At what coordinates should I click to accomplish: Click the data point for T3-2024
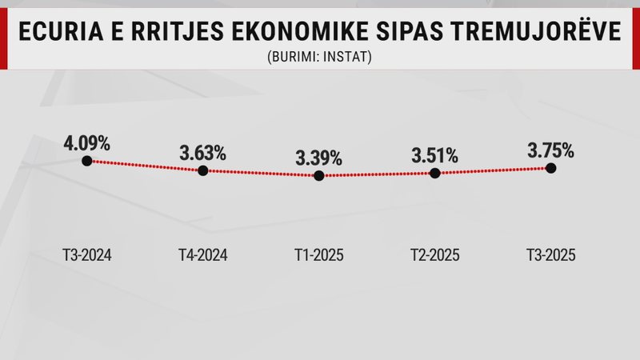click(86, 160)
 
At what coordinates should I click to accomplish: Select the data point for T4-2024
click(202, 170)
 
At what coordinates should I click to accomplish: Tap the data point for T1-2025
click(318, 176)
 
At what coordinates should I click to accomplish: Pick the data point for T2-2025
click(434, 173)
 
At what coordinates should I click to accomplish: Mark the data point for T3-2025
click(550, 167)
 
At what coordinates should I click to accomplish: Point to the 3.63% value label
click(202, 153)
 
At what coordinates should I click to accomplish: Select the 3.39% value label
click(318, 158)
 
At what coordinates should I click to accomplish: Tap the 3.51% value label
click(434, 154)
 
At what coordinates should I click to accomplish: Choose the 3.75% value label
click(550, 149)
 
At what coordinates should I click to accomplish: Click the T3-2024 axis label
click(86, 256)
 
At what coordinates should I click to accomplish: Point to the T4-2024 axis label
click(202, 256)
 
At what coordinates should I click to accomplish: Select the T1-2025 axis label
click(318, 256)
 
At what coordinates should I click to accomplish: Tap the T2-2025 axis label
click(434, 256)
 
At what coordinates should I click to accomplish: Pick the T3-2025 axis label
click(550, 256)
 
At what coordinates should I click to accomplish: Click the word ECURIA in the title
click(55, 33)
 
